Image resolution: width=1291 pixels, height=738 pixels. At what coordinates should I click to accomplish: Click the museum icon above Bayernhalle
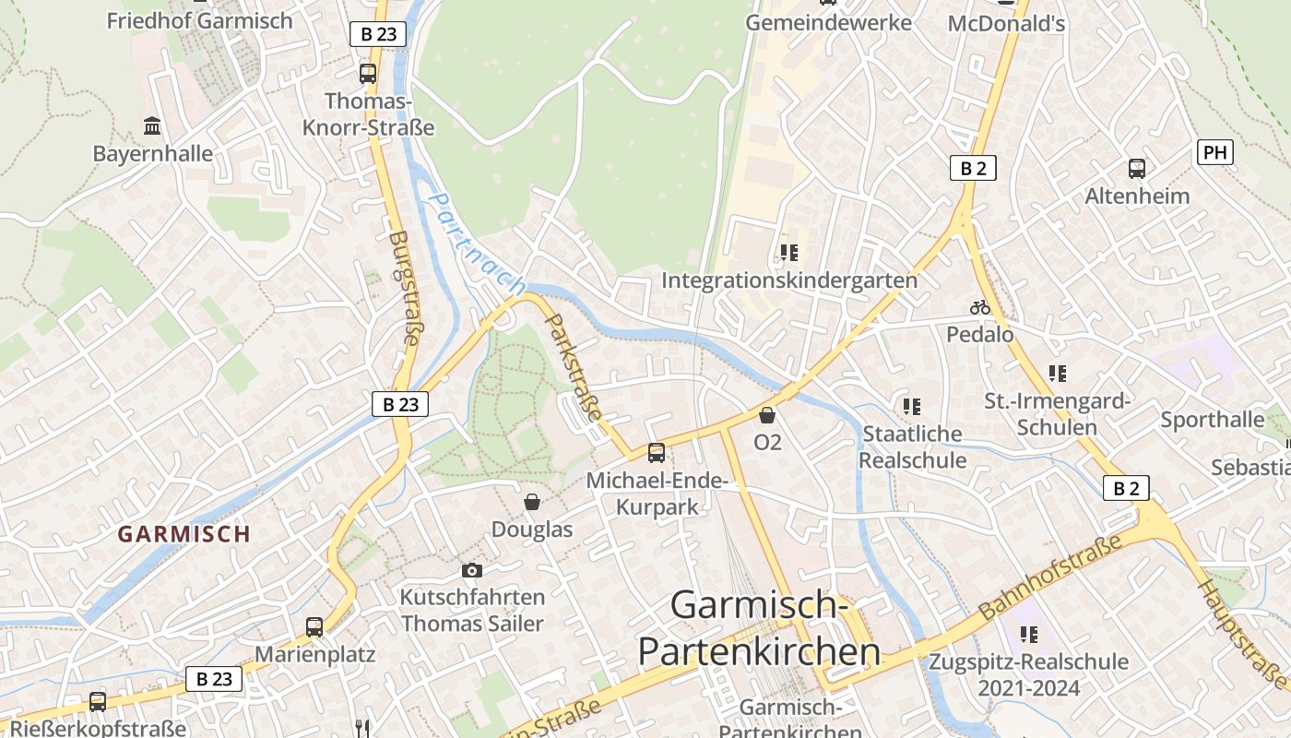(152, 125)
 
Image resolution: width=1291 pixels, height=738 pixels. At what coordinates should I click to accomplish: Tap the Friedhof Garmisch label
(199, 20)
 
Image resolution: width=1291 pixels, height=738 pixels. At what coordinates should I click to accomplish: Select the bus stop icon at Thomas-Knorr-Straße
(368, 74)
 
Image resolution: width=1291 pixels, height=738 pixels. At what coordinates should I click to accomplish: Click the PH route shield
(1214, 152)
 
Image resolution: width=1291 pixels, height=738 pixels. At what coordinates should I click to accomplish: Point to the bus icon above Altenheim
(1137, 169)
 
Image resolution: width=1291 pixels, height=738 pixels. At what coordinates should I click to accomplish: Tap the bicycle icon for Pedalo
(979, 307)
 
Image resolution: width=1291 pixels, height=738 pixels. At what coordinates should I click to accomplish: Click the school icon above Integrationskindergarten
(788, 252)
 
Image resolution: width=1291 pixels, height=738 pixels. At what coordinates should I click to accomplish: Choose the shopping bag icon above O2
(767, 416)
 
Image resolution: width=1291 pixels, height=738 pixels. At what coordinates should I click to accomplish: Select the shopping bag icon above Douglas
(532, 502)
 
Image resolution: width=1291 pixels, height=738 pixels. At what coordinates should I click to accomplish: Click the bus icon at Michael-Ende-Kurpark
(657, 453)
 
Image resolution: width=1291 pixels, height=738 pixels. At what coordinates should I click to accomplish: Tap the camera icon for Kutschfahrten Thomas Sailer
(472, 571)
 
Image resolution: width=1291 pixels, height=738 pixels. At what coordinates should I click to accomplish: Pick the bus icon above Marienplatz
(314, 627)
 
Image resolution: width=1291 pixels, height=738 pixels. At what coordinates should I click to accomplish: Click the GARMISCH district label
(184, 533)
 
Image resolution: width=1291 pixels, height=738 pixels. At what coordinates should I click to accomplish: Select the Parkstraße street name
(574, 367)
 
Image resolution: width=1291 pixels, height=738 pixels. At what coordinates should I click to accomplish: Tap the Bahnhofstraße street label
(1051, 576)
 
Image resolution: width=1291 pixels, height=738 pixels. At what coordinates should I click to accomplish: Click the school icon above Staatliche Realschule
(912, 407)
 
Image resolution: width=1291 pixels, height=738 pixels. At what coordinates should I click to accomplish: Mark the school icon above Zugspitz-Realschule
(1028, 635)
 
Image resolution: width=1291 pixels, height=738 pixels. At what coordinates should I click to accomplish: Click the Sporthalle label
(1212, 420)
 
